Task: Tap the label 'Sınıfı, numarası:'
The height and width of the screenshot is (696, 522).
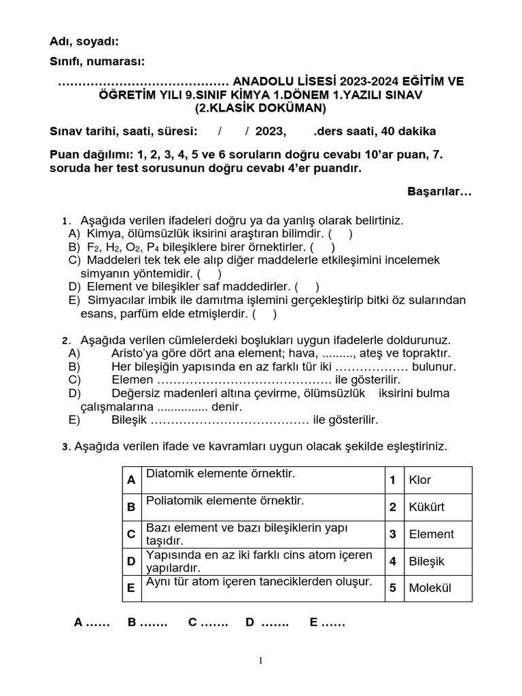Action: coord(97,62)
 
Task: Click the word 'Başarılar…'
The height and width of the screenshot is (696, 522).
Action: coord(439,192)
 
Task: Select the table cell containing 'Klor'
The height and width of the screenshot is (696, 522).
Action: coord(438,480)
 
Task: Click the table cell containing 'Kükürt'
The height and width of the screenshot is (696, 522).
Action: coord(438,507)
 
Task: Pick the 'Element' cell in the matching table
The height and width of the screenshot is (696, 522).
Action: coord(438,534)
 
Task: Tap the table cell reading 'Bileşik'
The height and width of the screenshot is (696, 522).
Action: coord(438,561)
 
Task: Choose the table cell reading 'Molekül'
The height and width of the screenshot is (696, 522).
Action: coord(438,588)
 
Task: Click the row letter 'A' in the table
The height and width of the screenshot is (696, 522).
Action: coord(131,480)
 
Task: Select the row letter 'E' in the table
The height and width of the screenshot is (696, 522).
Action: coord(131,588)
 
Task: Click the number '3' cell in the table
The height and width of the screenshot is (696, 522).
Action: coord(393,534)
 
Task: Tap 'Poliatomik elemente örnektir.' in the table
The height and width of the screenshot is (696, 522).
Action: coord(225,500)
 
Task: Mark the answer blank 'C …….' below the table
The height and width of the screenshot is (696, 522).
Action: coord(208,622)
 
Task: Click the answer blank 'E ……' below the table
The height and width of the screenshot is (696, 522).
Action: coord(328,622)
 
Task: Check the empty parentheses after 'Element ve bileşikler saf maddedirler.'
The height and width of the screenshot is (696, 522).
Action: coord(307,287)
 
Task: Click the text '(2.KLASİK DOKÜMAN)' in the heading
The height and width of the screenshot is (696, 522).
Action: coord(261,108)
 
